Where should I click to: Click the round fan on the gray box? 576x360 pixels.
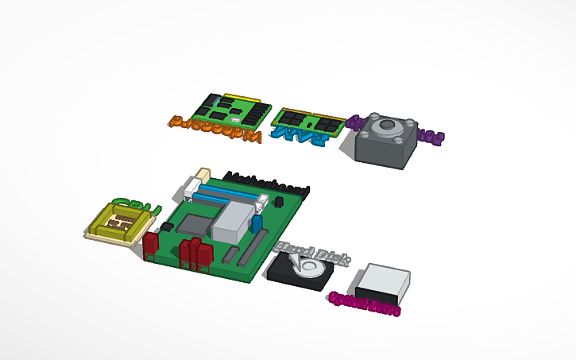click(x=388, y=127)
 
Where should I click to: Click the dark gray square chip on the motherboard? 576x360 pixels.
click(x=195, y=226)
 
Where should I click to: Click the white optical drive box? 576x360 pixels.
click(x=381, y=281)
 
